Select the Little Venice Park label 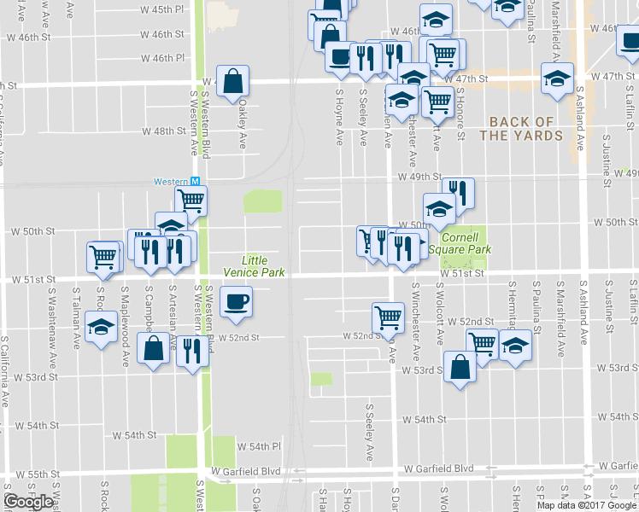pyautogui.click(x=255, y=265)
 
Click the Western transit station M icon pyautogui.click(x=195, y=182)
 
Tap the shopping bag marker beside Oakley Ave pyautogui.click(x=233, y=82)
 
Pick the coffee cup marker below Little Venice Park pyautogui.click(x=237, y=301)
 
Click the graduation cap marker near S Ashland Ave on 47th pyautogui.click(x=558, y=79)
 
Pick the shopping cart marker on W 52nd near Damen pyautogui.click(x=388, y=317)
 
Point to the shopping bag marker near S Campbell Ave pyautogui.click(x=154, y=348)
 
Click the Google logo pyautogui.click(x=28, y=501)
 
